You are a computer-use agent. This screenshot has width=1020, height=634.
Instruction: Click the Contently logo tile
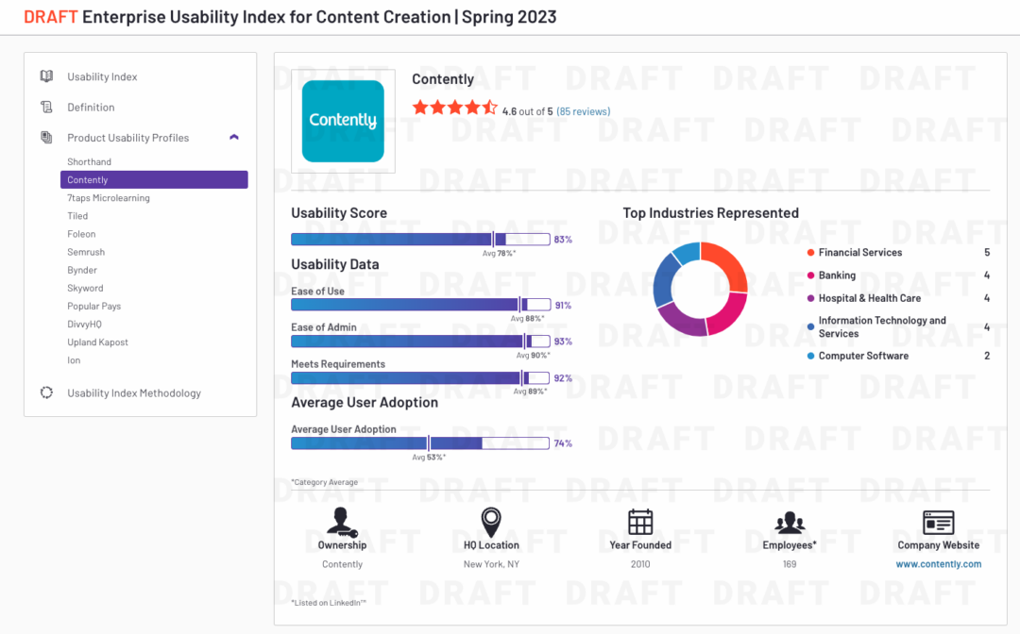click(342, 121)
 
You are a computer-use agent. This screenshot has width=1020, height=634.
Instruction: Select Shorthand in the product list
click(89, 162)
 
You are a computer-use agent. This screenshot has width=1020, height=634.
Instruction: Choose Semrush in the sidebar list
click(86, 252)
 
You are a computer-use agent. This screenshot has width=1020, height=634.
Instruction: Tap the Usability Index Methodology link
click(133, 393)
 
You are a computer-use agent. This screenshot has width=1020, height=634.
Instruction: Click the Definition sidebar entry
click(91, 108)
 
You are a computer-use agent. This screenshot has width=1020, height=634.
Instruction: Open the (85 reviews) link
click(583, 111)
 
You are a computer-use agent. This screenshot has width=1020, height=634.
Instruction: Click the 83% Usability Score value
click(563, 240)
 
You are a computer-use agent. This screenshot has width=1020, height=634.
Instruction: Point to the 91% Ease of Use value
click(563, 306)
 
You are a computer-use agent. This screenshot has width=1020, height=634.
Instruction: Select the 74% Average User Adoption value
click(563, 443)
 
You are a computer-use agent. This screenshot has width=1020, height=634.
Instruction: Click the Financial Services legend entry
click(859, 253)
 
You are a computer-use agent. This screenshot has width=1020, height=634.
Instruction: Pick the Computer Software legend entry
click(863, 356)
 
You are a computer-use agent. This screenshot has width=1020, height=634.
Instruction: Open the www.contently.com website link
click(938, 564)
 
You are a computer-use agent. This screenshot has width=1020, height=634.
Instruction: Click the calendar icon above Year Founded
click(640, 522)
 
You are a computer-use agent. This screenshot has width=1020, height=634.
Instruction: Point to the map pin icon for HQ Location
click(491, 522)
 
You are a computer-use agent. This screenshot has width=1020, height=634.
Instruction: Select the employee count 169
click(790, 564)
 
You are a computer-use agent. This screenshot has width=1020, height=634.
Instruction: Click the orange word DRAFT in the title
click(50, 17)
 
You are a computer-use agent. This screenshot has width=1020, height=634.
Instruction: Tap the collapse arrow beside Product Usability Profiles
click(234, 138)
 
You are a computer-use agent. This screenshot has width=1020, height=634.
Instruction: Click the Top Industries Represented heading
click(710, 213)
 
